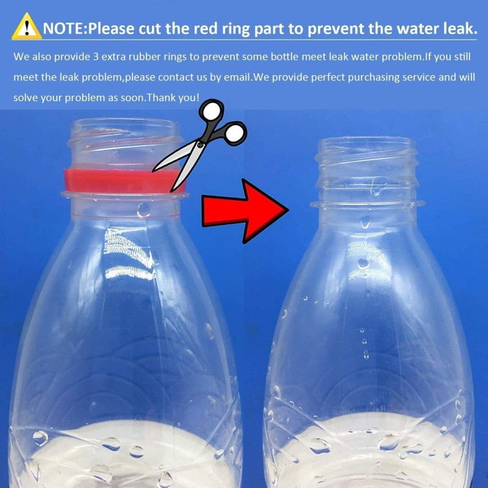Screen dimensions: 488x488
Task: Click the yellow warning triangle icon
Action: pyautogui.click(x=26, y=26)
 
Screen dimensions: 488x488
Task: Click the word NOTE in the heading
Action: pyautogui.click(x=63, y=29)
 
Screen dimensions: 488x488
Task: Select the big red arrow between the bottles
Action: pyautogui.click(x=245, y=211)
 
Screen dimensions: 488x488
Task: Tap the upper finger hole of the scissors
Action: pyautogui.click(x=212, y=110)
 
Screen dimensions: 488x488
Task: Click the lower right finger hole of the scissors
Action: pyautogui.click(x=235, y=133)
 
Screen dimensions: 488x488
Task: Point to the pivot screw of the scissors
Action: pyautogui.click(x=199, y=145)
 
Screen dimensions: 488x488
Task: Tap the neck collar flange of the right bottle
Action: pyautogui.click(x=367, y=204)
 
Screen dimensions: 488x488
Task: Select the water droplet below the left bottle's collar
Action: pyautogui.click(x=144, y=209)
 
